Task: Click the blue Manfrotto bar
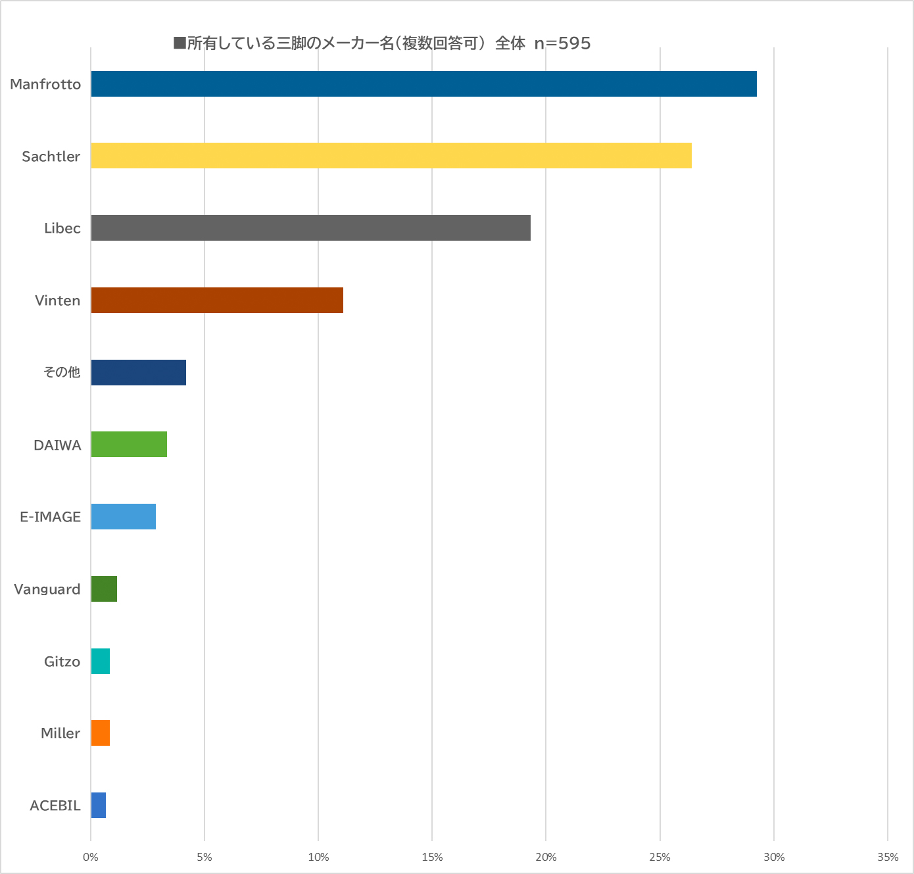click(x=423, y=84)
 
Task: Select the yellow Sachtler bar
click(x=391, y=156)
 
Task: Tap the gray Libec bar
click(x=310, y=228)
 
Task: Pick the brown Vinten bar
click(x=217, y=300)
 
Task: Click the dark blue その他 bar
click(x=139, y=372)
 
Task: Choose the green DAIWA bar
click(x=129, y=445)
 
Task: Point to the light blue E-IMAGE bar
click(x=124, y=516)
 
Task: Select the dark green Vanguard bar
click(x=104, y=589)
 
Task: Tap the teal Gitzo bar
click(x=101, y=661)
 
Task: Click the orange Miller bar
click(x=101, y=733)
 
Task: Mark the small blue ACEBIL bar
click(x=99, y=805)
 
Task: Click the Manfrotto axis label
click(x=45, y=84)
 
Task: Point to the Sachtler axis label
click(x=51, y=157)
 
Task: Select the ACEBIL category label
click(x=55, y=806)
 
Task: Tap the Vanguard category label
click(x=47, y=589)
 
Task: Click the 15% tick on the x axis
click(x=432, y=857)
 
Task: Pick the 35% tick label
click(x=888, y=857)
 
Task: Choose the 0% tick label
click(x=91, y=857)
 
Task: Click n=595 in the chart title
click(x=562, y=43)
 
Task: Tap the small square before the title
click(x=180, y=43)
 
